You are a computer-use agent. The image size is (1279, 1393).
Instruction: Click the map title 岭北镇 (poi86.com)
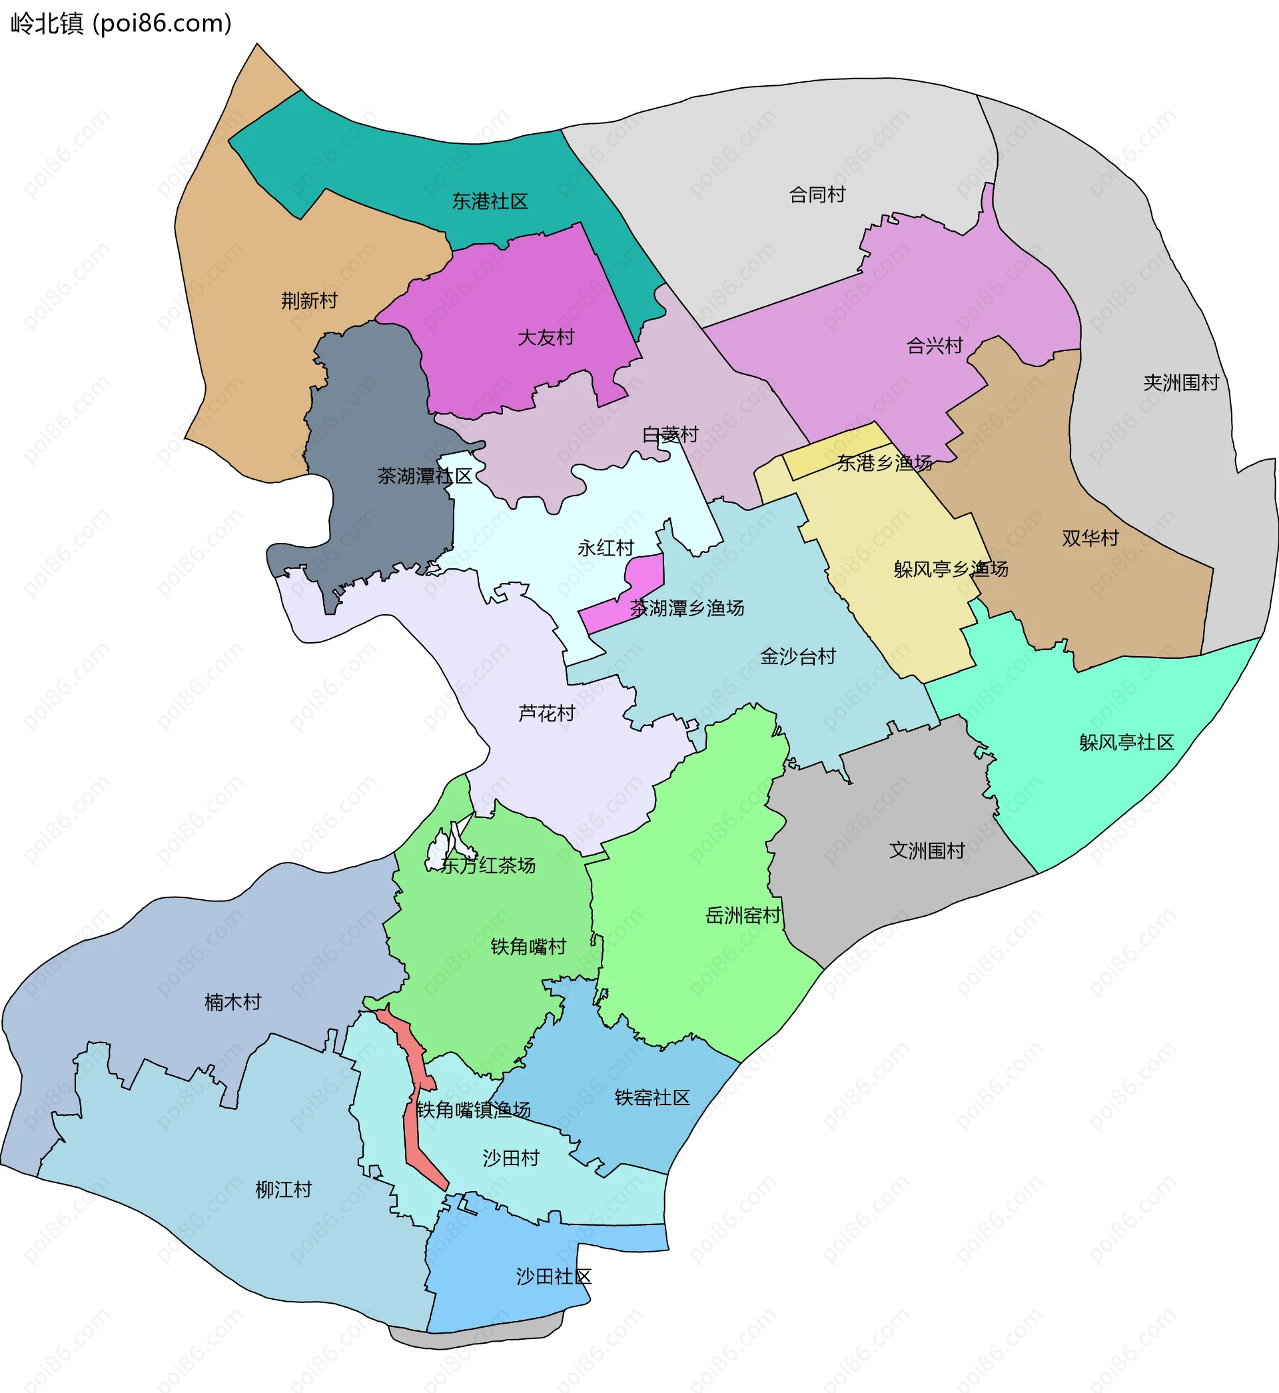point(121,23)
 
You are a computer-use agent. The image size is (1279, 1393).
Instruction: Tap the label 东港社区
point(490,201)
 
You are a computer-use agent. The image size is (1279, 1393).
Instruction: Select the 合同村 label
point(817,195)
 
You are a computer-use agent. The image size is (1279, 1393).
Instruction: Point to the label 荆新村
point(309,301)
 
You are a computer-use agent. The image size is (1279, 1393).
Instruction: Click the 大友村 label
point(546,338)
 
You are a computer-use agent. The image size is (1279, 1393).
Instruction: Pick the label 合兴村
point(935,345)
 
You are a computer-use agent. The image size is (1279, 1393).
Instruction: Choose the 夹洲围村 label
point(1180,382)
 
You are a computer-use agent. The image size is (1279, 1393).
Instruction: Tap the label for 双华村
point(1090,538)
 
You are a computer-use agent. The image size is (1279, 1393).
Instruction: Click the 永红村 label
point(606,548)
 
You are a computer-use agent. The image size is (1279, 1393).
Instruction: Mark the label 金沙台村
point(798,656)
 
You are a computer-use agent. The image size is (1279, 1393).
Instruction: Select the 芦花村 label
point(547,713)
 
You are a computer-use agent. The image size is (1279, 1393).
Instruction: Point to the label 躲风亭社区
point(1126,743)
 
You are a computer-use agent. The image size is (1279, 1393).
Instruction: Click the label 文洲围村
point(927,851)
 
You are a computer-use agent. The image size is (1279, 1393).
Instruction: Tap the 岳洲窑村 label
point(743,915)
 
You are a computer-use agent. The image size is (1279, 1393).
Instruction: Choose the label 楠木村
point(232,1002)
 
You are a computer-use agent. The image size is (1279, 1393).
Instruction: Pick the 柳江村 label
point(284,1190)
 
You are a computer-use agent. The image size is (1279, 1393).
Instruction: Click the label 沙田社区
point(554,1276)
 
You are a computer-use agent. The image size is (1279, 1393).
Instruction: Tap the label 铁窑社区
point(652,1097)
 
